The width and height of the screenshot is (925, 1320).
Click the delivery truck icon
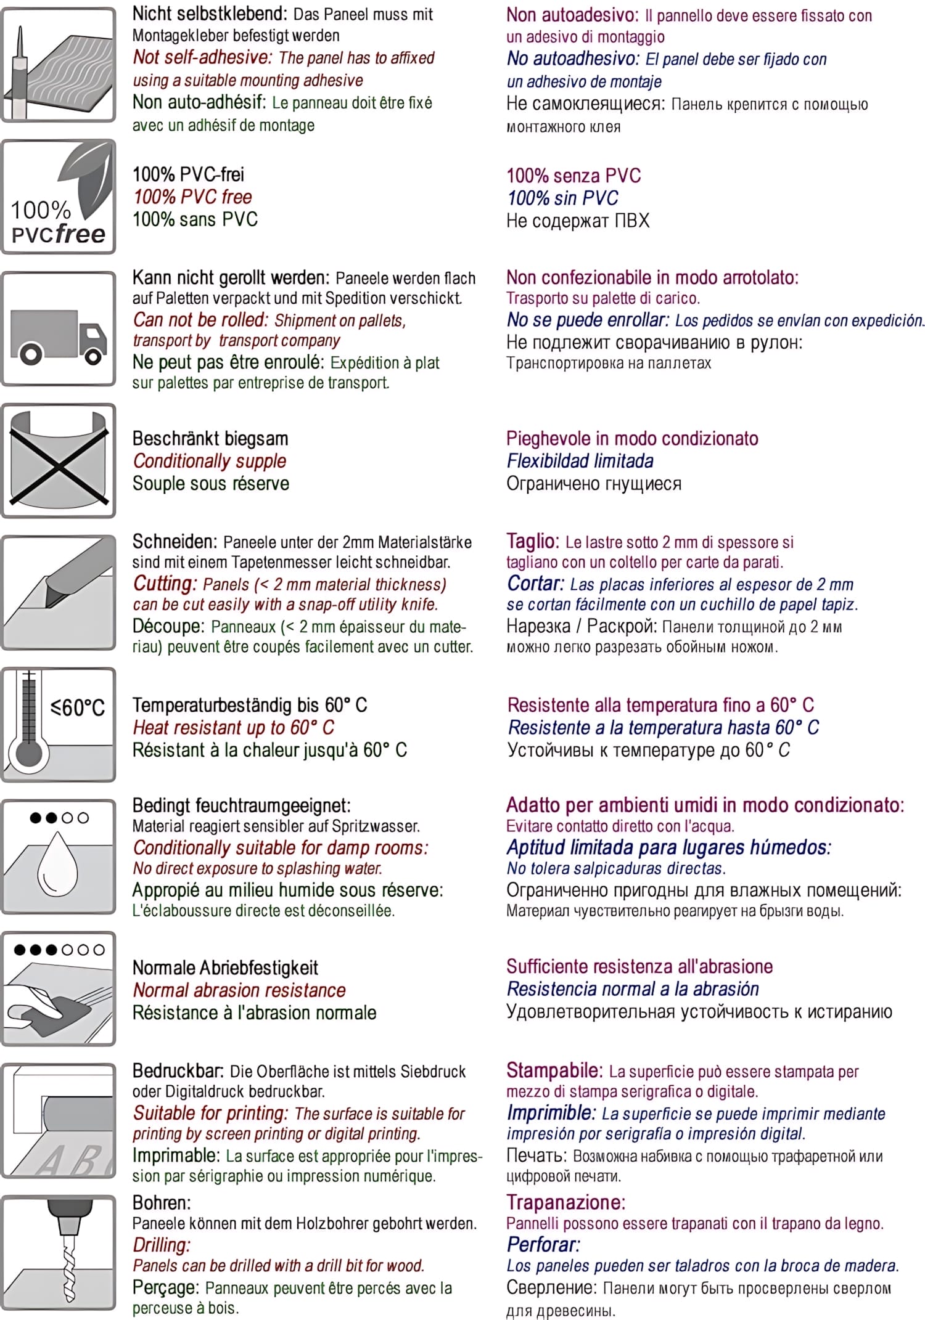pos(59,336)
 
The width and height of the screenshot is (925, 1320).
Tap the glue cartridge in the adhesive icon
pos(21,74)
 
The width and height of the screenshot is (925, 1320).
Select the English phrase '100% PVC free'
pos(192,197)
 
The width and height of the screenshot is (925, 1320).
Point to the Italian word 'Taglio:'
pos(532,541)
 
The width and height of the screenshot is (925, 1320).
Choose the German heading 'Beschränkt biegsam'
pos(210,439)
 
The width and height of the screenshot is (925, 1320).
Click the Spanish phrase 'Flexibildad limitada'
pos(580,461)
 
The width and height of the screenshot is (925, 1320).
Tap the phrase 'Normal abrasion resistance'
pos(239,990)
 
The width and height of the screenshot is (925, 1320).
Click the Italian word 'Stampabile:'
pos(554,1070)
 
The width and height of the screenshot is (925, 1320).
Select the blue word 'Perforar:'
pos(543,1244)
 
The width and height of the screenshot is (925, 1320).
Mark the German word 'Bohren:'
pos(162,1202)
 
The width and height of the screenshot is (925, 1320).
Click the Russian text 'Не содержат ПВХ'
pos(578,221)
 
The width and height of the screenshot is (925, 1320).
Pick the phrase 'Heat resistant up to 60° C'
pos(234,728)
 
